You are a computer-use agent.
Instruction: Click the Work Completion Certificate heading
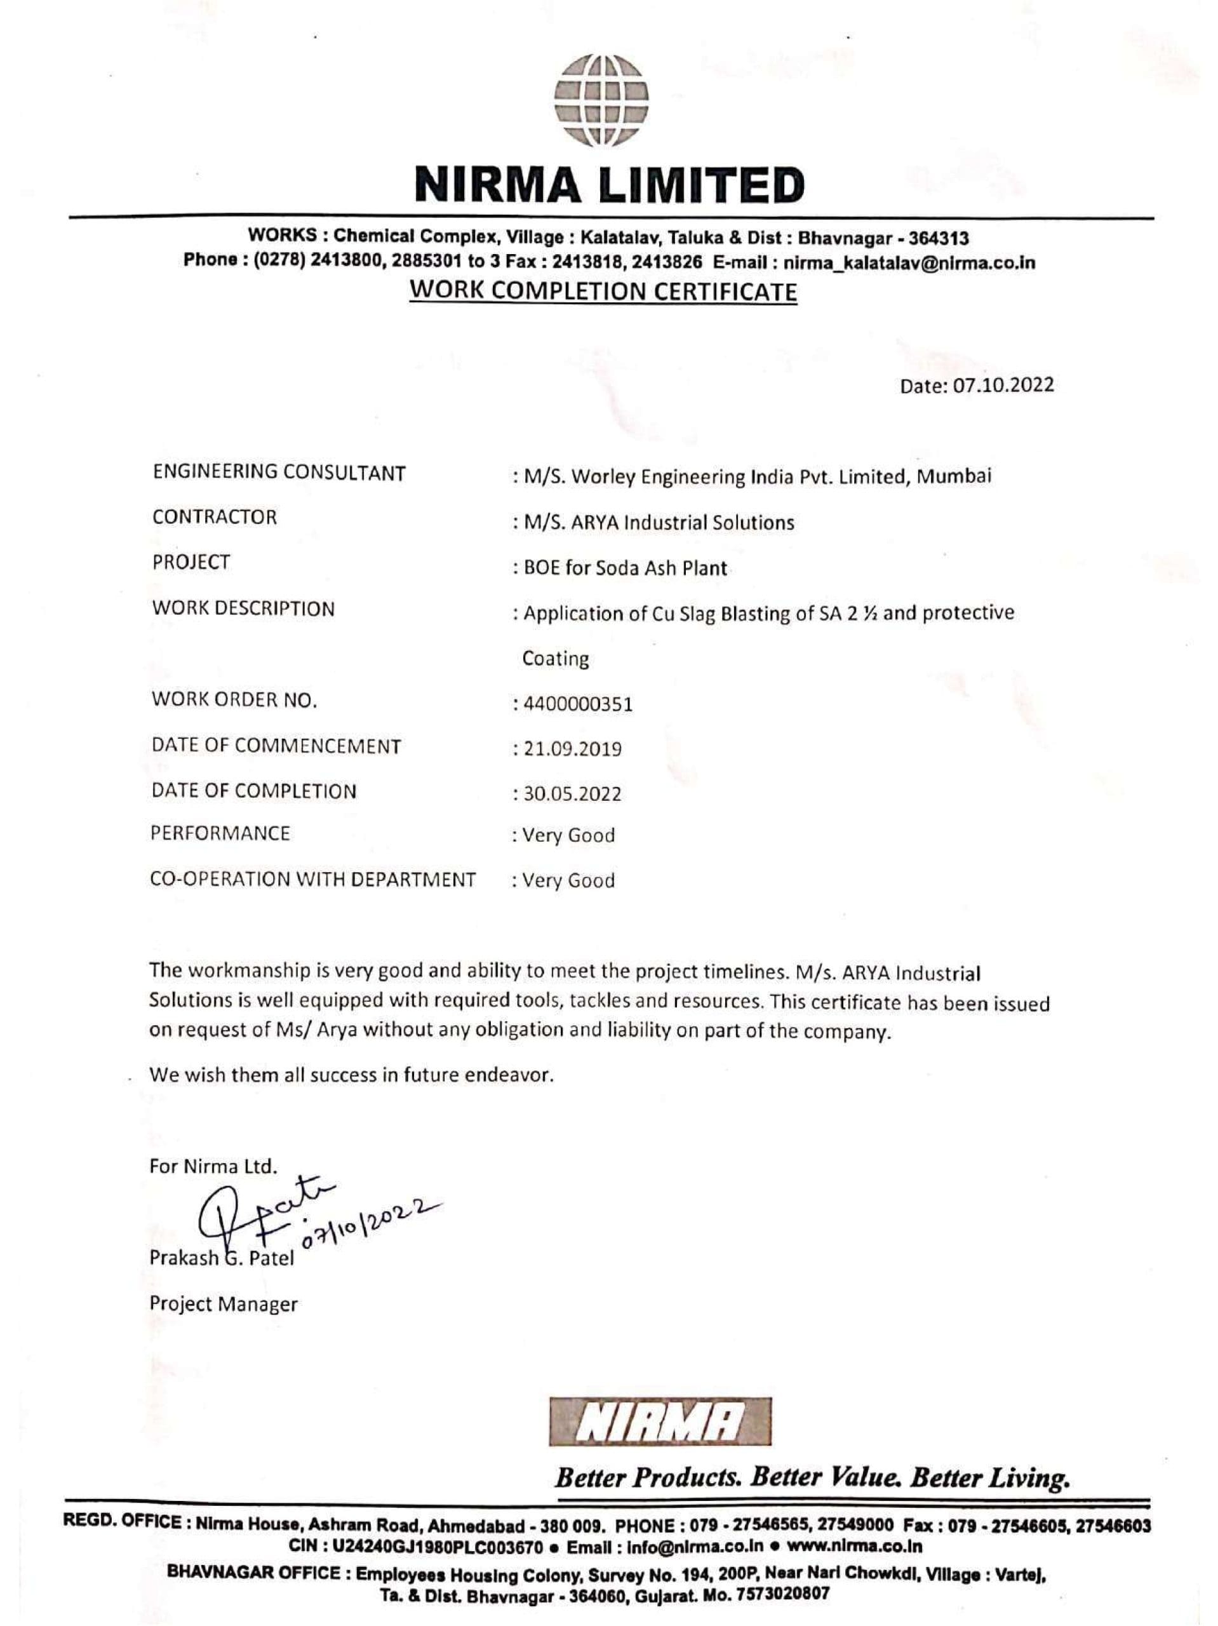pos(603,292)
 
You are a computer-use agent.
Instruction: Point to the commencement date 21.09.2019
pos(572,749)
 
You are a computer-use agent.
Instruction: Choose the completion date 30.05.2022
pos(572,794)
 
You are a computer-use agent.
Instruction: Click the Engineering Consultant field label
pos(279,473)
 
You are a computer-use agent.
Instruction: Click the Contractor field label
pos(215,517)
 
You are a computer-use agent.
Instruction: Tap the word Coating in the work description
pos(555,659)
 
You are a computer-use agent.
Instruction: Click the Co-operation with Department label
pos(313,879)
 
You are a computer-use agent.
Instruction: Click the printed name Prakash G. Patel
pos(221,1258)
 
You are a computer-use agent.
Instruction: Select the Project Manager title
pos(224,1304)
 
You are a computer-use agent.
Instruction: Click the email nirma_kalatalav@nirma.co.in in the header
pos(909,263)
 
